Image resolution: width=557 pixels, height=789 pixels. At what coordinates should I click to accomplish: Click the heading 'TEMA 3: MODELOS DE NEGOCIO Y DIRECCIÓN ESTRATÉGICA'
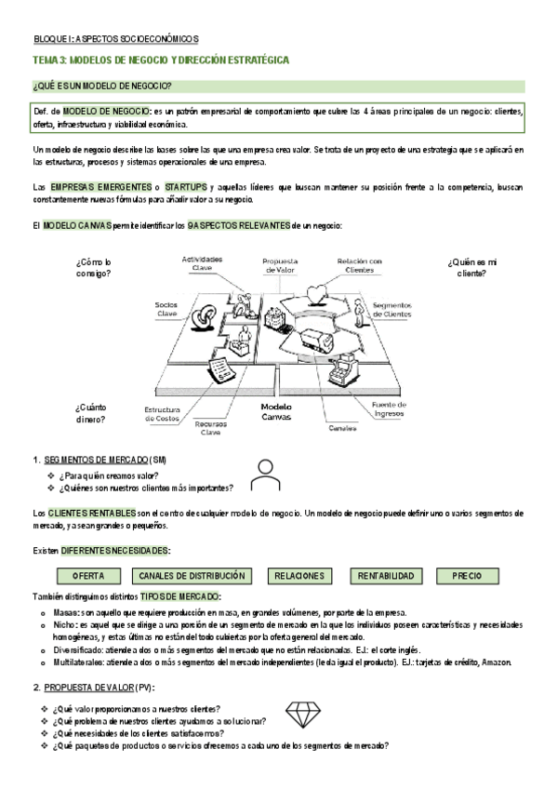pyautogui.click(x=161, y=60)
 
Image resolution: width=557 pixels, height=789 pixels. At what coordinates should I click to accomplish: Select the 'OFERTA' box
pyautogui.click(x=88, y=576)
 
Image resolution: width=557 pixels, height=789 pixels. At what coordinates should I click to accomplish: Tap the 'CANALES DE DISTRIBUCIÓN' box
pyautogui.click(x=192, y=576)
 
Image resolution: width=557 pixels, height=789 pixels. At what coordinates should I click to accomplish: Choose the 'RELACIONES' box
pyautogui.click(x=299, y=576)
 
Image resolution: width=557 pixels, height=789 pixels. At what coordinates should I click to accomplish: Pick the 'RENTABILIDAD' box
pyautogui.click(x=386, y=576)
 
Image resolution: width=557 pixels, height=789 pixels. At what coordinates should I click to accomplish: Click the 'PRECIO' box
pyautogui.click(x=467, y=576)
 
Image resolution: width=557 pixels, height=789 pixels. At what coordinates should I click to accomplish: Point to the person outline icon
pyautogui.click(x=267, y=475)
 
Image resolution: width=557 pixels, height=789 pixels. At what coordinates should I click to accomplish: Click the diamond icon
pyautogui.click(x=300, y=714)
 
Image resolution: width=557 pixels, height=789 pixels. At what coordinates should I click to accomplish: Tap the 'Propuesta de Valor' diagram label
pyautogui.click(x=279, y=266)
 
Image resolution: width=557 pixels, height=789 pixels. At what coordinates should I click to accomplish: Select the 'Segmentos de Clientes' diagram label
pyautogui.click(x=391, y=310)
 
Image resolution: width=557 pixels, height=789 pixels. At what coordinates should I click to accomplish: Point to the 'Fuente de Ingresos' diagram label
pyautogui.click(x=388, y=409)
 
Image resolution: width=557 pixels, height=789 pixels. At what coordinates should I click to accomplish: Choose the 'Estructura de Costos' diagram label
pyautogui.click(x=162, y=414)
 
